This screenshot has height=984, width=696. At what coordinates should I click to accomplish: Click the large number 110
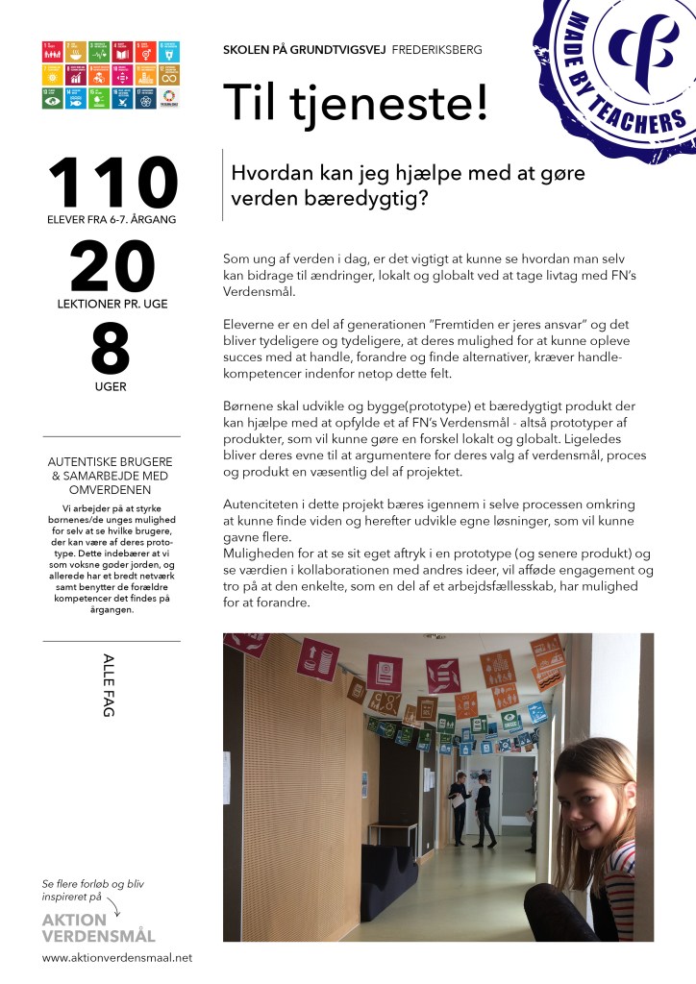coord(112,183)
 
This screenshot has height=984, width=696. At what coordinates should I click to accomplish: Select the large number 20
coord(112,267)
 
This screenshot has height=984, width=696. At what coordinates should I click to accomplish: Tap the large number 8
coord(112,350)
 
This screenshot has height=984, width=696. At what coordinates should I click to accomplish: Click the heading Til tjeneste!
coord(356,102)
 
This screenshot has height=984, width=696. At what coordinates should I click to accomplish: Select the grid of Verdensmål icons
coord(111,74)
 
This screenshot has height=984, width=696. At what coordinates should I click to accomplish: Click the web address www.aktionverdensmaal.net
coord(117,957)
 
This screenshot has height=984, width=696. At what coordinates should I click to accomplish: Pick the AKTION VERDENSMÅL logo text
coord(98,927)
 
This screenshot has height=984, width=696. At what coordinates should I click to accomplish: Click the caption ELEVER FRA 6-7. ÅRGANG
coord(112,220)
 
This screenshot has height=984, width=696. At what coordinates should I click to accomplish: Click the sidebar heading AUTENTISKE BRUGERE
coord(112,462)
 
